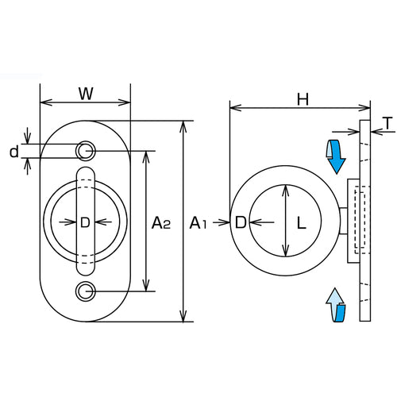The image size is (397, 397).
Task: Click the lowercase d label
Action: [14, 150]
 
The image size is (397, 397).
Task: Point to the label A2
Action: [161, 223]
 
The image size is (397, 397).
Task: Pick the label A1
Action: [198, 225]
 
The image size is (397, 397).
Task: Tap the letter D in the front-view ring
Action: [84, 223]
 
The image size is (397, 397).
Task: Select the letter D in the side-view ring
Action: [241, 224]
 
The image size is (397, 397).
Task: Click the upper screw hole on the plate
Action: [85, 150]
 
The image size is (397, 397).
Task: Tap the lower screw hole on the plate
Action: [85, 292]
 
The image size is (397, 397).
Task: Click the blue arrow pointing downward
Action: [337, 156]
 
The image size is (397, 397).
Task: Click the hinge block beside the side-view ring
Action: [356, 221]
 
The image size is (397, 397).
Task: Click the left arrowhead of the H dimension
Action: [232, 106]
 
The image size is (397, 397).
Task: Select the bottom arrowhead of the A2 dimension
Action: [145, 288]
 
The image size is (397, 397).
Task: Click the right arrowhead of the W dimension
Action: [126, 102]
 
